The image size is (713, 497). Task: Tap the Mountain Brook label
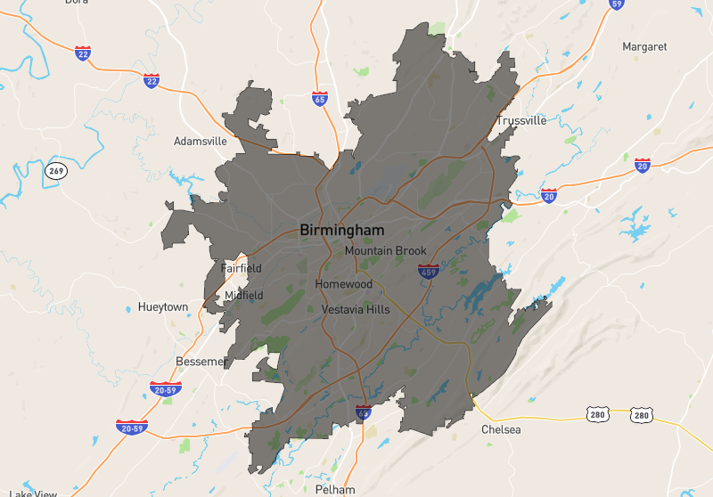[x=386, y=251]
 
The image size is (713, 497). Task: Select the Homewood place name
[x=343, y=284]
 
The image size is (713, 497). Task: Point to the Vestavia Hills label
[x=356, y=310]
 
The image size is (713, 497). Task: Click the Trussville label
[x=521, y=120]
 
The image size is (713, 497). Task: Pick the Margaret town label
[x=644, y=46]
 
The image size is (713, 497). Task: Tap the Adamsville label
[x=201, y=141]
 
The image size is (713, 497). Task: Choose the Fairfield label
[x=242, y=268]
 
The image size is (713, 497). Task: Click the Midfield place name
[x=244, y=295]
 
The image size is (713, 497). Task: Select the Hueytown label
[x=163, y=307]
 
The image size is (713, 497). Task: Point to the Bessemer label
[x=201, y=362]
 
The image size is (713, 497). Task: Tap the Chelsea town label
[x=501, y=429]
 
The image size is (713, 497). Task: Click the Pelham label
[x=335, y=490]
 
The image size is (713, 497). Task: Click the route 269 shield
[x=57, y=170]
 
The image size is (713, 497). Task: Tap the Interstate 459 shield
[x=429, y=272]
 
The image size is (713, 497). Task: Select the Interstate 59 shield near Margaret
[x=616, y=4]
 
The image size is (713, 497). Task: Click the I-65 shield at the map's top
[x=320, y=98]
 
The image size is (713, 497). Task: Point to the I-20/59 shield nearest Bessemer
[x=166, y=389]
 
